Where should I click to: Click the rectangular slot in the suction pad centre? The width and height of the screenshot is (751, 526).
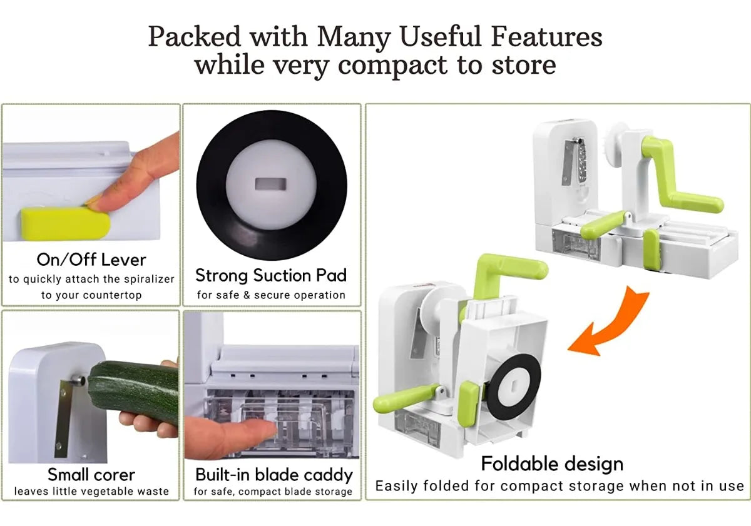(271, 185)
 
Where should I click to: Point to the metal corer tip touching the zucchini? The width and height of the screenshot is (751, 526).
(78, 381)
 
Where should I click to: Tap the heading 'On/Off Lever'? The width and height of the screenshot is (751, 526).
(91, 260)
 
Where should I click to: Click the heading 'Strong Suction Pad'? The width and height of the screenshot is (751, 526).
(271, 275)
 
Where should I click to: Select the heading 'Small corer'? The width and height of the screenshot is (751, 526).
(91, 475)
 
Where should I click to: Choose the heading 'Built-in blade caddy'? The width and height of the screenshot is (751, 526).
(274, 475)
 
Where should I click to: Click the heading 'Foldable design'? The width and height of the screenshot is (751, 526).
(552, 463)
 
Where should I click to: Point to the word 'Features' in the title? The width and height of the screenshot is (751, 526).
(547, 36)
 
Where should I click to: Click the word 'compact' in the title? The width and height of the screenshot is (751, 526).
(392, 65)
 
